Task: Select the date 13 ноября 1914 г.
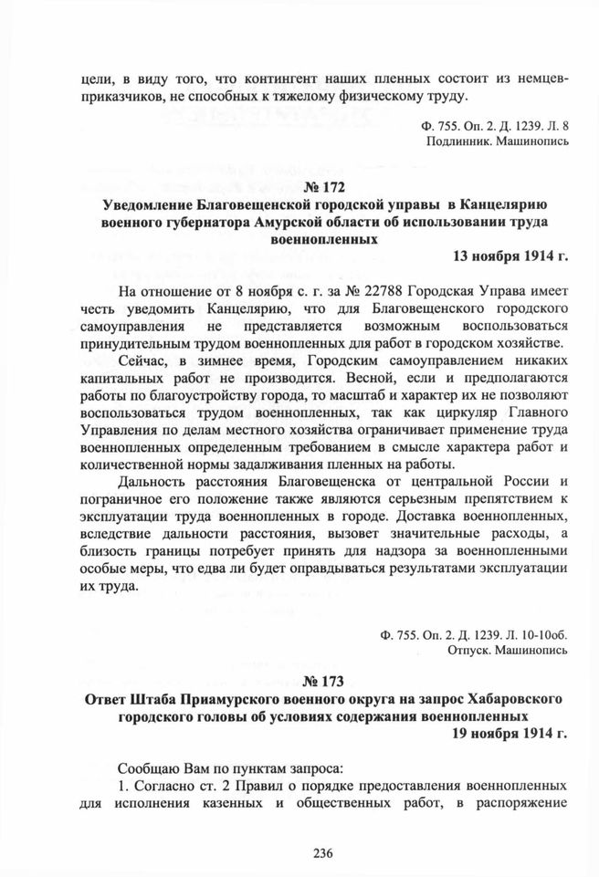(x=510, y=256)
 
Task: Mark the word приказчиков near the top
(x=115, y=97)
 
